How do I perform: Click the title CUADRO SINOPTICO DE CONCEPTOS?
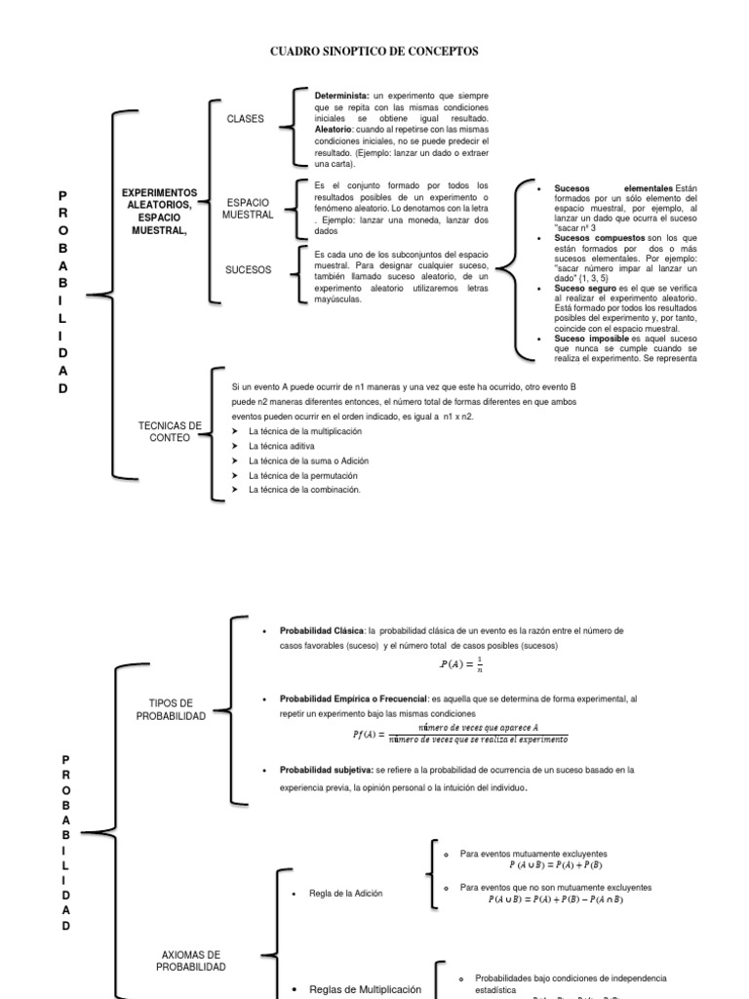pos(374,50)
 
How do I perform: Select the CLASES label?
pos(245,118)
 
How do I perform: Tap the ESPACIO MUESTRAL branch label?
pos(248,208)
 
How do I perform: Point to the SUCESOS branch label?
pos(248,269)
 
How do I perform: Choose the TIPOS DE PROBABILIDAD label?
pos(172,709)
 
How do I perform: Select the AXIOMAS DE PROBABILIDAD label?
pos(191,960)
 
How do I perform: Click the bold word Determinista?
pos(341,95)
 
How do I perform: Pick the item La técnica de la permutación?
pos(302,475)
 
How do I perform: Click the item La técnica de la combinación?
pos(304,490)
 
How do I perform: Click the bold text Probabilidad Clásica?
pos(321,630)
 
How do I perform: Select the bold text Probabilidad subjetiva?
pos(327,770)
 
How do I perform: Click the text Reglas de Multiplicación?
pos(365,989)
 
